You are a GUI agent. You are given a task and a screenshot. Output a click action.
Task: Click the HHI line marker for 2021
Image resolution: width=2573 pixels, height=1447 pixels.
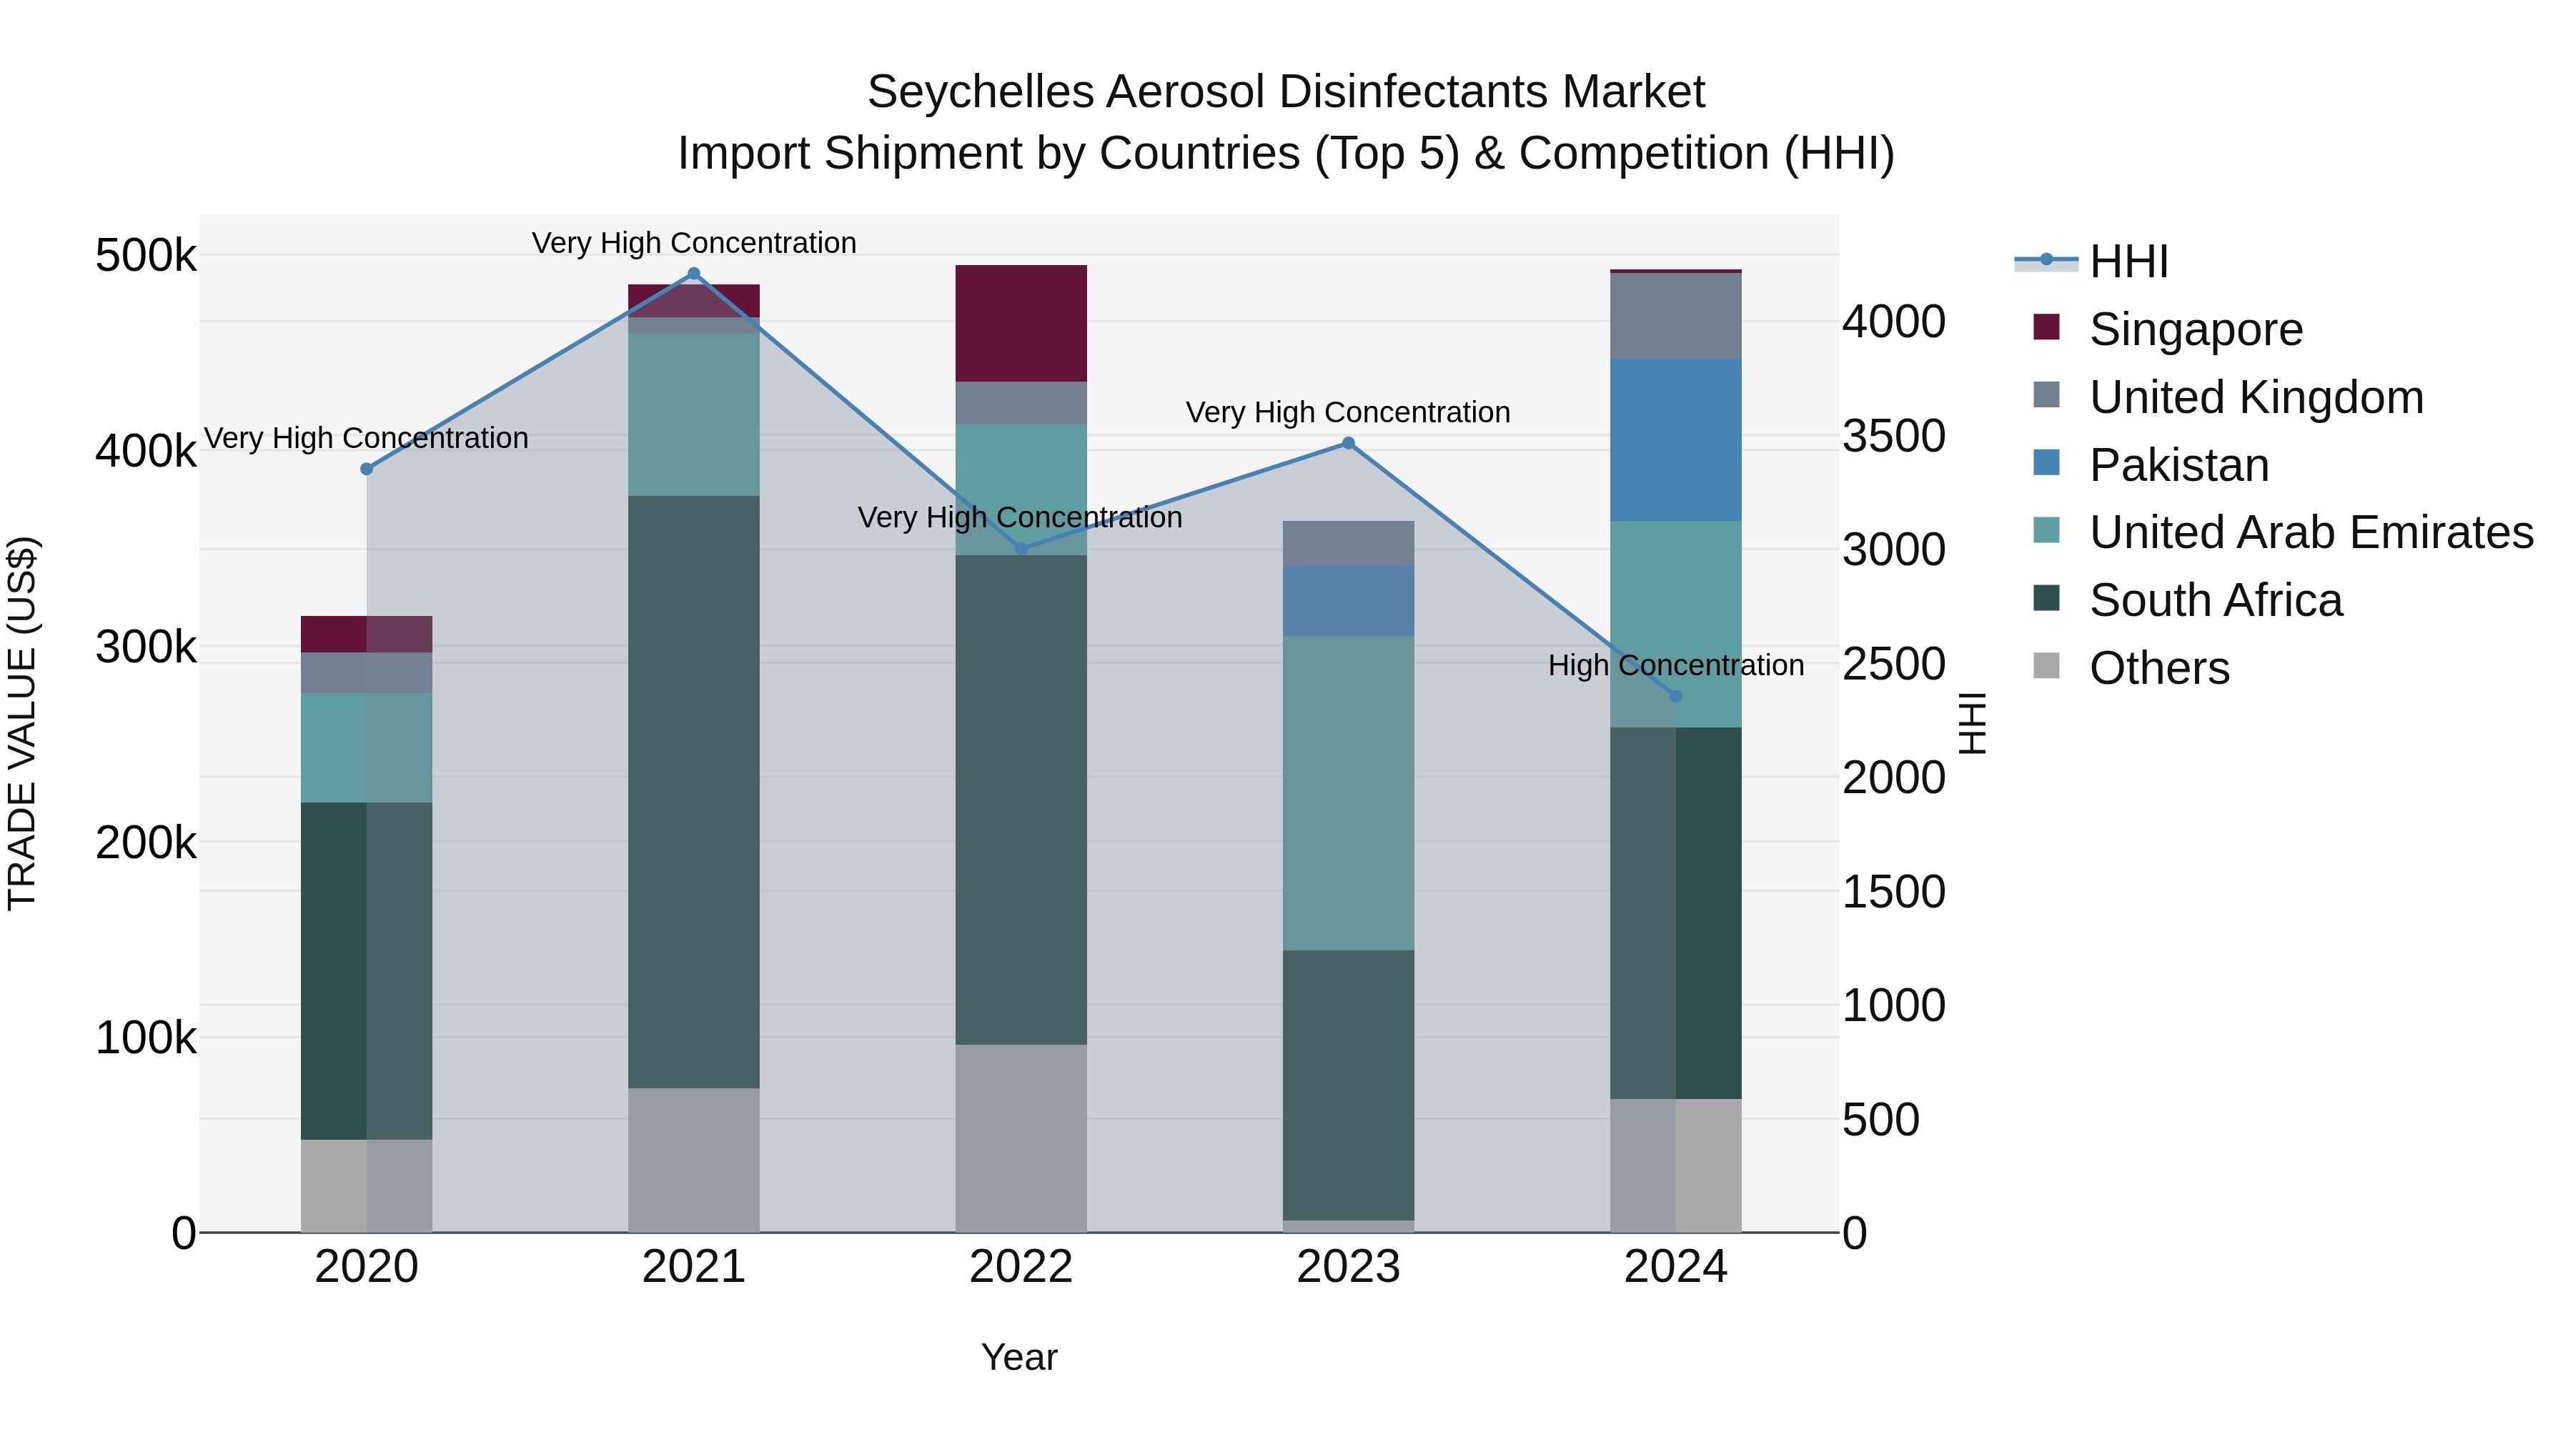click(694, 274)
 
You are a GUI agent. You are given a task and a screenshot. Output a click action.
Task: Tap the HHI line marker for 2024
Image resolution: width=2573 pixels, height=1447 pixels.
click(1676, 696)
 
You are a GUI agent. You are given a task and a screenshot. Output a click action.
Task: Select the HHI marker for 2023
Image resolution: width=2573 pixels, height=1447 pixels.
click(1349, 443)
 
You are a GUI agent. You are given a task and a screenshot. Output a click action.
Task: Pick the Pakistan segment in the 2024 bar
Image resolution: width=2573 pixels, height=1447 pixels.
click(1676, 439)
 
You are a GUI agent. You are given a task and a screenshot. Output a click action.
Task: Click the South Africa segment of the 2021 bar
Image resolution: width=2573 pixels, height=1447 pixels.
click(694, 791)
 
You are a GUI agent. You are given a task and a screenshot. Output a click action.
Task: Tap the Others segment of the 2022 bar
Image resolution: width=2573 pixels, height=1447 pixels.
click(1021, 1138)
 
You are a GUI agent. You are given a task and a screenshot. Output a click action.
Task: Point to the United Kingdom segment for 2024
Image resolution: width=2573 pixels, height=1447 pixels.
click(1676, 316)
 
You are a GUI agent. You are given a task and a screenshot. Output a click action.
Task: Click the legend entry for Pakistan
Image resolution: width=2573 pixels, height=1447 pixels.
click(2178, 465)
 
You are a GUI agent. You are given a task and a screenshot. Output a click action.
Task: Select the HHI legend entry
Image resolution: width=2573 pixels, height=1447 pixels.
click(2128, 262)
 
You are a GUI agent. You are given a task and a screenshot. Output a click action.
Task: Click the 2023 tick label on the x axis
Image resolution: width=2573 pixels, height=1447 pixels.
click(1349, 1267)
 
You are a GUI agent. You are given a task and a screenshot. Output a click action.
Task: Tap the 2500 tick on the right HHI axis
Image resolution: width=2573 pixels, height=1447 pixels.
click(1893, 664)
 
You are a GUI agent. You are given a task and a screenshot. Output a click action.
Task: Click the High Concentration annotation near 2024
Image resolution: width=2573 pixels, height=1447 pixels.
click(1676, 665)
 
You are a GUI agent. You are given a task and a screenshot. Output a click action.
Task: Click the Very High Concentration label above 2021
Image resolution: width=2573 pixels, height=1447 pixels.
click(694, 243)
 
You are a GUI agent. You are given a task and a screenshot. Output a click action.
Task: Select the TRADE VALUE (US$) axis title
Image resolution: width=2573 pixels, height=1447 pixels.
click(23, 723)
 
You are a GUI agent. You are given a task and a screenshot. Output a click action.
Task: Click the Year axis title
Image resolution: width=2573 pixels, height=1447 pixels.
click(1018, 1357)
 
